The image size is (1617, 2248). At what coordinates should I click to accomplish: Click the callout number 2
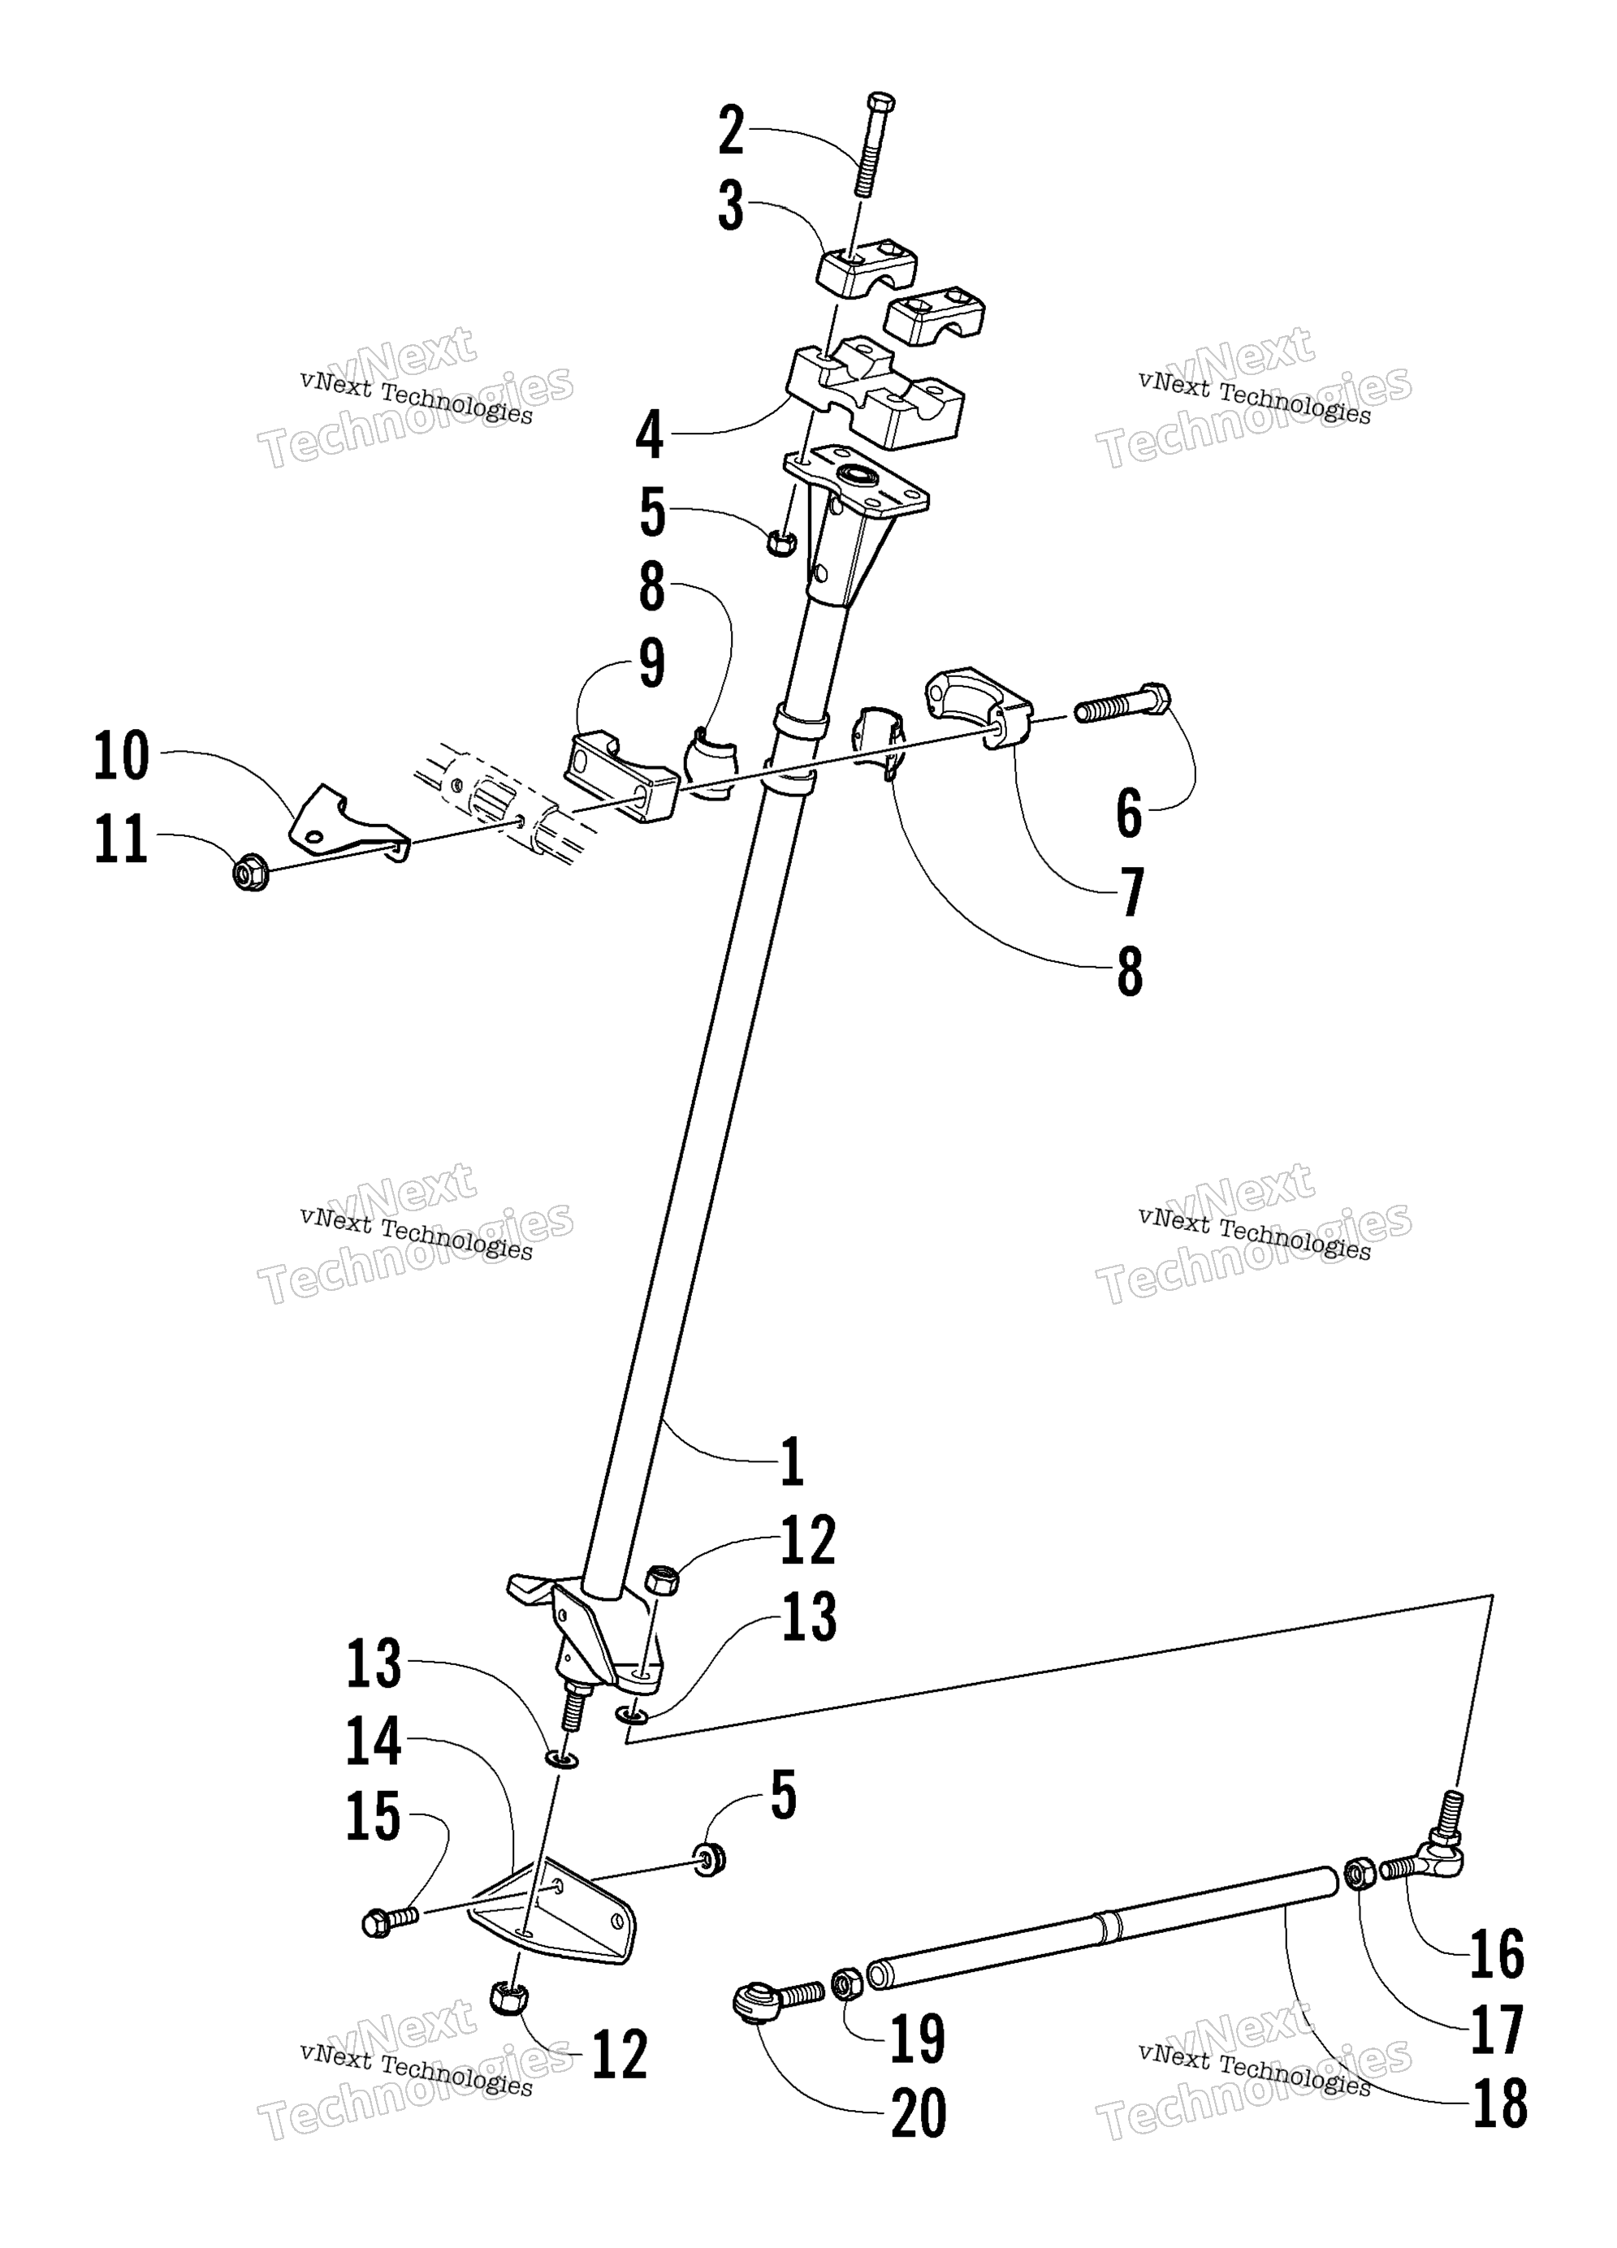click(x=732, y=131)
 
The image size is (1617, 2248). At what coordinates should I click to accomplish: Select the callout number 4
click(x=650, y=435)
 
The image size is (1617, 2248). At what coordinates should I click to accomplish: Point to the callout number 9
click(x=651, y=663)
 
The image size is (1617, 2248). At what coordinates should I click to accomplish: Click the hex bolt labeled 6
click(x=1122, y=703)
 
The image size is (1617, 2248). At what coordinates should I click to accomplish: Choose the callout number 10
click(x=122, y=757)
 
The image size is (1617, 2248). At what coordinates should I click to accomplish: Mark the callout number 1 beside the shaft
click(x=791, y=1461)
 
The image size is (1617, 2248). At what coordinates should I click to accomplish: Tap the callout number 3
click(x=732, y=206)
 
